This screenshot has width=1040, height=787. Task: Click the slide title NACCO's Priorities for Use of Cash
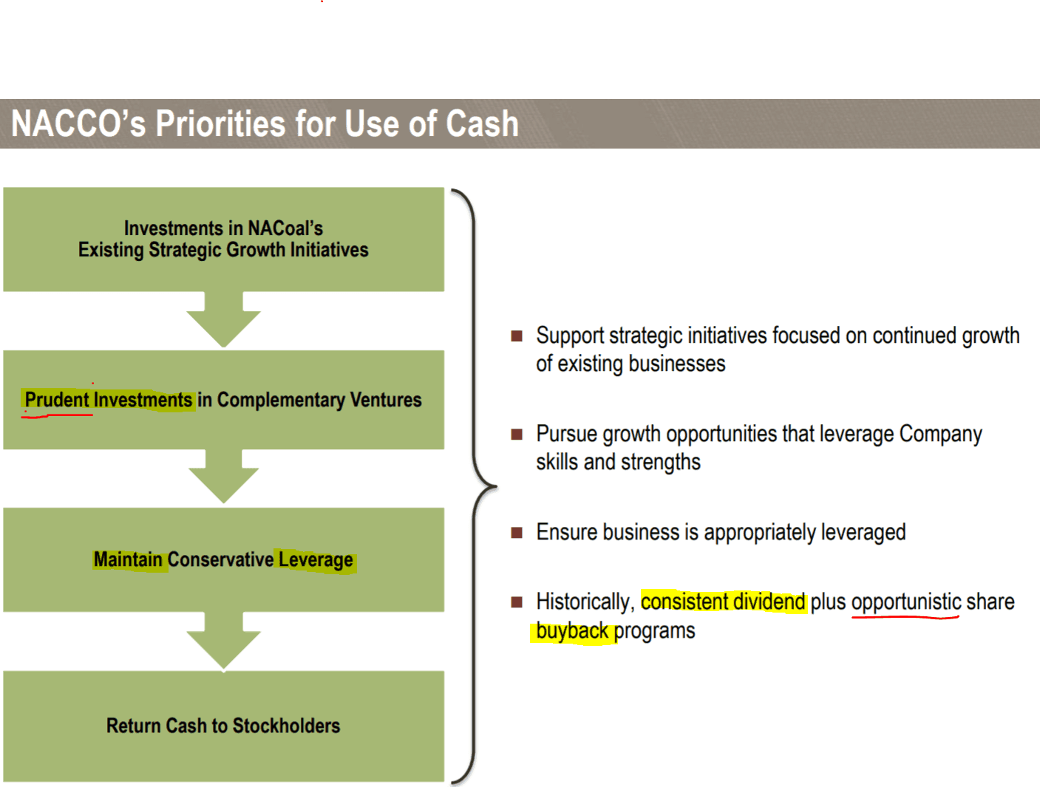tap(265, 123)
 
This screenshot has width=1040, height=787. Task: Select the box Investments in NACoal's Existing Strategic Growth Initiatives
tap(224, 239)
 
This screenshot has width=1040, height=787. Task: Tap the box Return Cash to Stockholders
tap(224, 726)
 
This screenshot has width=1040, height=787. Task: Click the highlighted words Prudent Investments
tap(108, 400)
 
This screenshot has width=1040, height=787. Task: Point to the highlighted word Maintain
tap(128, 559)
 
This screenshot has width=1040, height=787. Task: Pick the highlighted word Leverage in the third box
tap(316, 559)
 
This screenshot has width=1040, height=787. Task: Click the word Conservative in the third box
tap(220, 559)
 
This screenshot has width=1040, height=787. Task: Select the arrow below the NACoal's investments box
tap(224, 319)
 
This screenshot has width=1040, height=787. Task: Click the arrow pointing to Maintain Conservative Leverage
tap(224, 476)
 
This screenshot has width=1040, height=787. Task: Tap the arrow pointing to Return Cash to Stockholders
tap(224, 640)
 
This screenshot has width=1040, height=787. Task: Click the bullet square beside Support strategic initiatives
tap(517, 336)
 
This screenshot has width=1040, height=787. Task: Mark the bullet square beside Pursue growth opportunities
tap(517, 435)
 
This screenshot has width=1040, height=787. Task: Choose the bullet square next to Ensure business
tap(517, 533)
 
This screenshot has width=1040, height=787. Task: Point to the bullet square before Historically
tap(517, 602)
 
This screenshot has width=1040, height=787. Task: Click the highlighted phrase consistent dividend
tap(723, 602)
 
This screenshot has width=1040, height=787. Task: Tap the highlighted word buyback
tap(572, 631)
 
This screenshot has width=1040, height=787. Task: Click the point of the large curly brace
tap(495, 486)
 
